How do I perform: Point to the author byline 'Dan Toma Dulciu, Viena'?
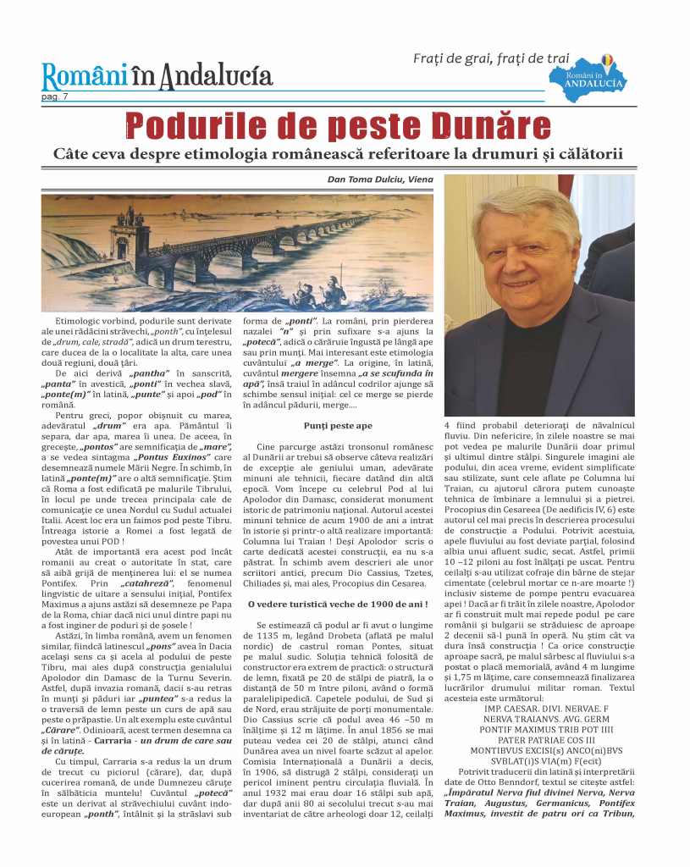tap(380, 179)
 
